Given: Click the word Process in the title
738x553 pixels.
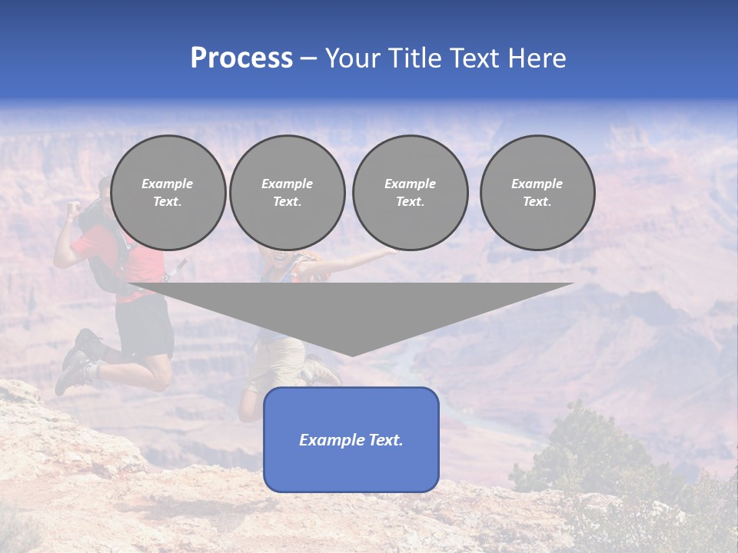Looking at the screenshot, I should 241,58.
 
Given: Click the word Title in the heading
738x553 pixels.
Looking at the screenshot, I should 415,58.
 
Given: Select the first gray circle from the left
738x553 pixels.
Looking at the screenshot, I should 168,193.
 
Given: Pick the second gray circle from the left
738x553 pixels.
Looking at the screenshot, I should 287,193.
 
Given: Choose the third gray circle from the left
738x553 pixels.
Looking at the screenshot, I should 410,193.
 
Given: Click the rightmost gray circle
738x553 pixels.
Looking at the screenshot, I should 537,193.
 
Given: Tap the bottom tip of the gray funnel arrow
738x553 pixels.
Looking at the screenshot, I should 352,353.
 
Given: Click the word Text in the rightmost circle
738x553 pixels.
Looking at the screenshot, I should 537,202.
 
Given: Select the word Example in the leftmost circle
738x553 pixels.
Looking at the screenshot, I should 168,184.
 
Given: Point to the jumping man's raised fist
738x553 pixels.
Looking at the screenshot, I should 74,208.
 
